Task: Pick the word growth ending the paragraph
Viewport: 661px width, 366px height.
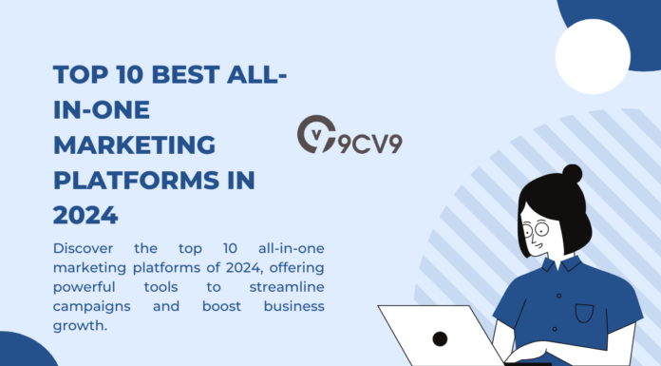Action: point(81,325)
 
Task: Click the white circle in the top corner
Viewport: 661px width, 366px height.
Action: point(593,56)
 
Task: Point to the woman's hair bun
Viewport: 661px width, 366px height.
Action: point(572,175)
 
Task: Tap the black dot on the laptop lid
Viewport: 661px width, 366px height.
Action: point(440,338)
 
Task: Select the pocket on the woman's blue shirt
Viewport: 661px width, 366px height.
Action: point(583,312)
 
